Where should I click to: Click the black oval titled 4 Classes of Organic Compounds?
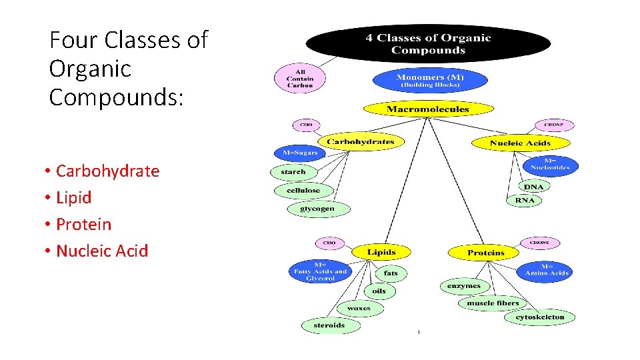[428, 43]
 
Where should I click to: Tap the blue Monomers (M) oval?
[430, 80]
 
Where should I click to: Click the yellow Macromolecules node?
[428, 109]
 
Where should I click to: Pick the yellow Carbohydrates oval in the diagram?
[360, 141]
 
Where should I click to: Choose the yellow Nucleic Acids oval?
[520, 143]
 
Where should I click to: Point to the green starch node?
[293, 172]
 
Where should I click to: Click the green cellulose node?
[303, 191]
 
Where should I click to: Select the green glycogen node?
[317, 209]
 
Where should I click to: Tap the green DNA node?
[533, 187]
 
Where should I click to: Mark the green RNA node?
[525, 201]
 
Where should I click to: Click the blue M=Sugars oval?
[300, 153]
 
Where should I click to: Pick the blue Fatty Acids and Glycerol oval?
[321, 271]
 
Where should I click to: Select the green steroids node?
[329, 325]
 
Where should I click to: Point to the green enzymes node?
[464, 286]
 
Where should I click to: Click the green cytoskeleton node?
[540, 317]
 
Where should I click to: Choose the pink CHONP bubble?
[553, 125]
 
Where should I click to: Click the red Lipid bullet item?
[73, 198]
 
